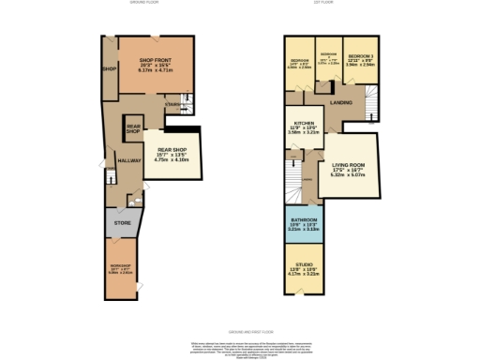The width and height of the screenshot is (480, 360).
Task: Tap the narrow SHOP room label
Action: (109, 69)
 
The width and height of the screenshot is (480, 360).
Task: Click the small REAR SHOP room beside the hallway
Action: (134, 130)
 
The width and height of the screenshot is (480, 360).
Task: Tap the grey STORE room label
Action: (122, 223)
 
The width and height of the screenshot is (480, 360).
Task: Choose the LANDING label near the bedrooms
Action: (340, 104)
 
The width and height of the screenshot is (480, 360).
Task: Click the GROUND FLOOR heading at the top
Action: (143, 3)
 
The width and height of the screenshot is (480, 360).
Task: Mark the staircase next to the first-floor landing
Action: (372, 102)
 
